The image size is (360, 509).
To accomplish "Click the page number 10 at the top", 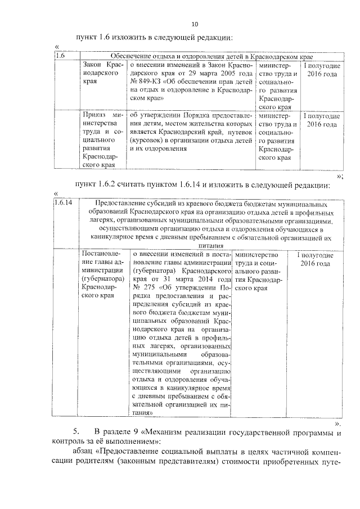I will pos(195,24).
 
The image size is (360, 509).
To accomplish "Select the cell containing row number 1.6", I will pos(60,56).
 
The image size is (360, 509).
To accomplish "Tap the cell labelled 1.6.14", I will pos(63,203).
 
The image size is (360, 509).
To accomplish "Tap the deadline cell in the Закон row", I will pos(322,69).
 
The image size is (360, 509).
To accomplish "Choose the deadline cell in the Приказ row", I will pos(322,119).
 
